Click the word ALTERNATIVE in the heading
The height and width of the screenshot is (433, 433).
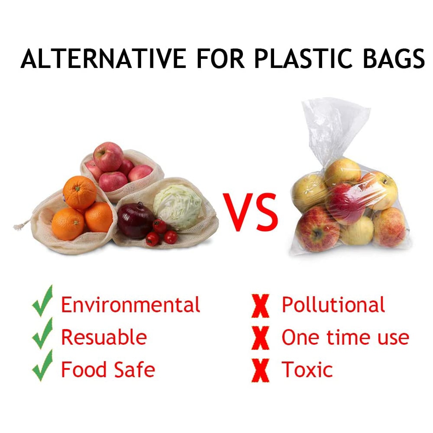click(104, 58)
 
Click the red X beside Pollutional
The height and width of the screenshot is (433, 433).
click(260, 305)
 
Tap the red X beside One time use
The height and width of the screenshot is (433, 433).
click(260, 338)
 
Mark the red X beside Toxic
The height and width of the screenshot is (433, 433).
click(260, 370)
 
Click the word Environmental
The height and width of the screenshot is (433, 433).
click(130, 305)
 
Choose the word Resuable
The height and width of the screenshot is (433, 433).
click(104, 337)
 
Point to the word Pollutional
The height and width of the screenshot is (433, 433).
click(333, 305)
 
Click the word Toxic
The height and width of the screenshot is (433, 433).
click(307, 370)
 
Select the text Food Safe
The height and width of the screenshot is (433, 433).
click(108, 370)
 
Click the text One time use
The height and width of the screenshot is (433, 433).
click(345, 337)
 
